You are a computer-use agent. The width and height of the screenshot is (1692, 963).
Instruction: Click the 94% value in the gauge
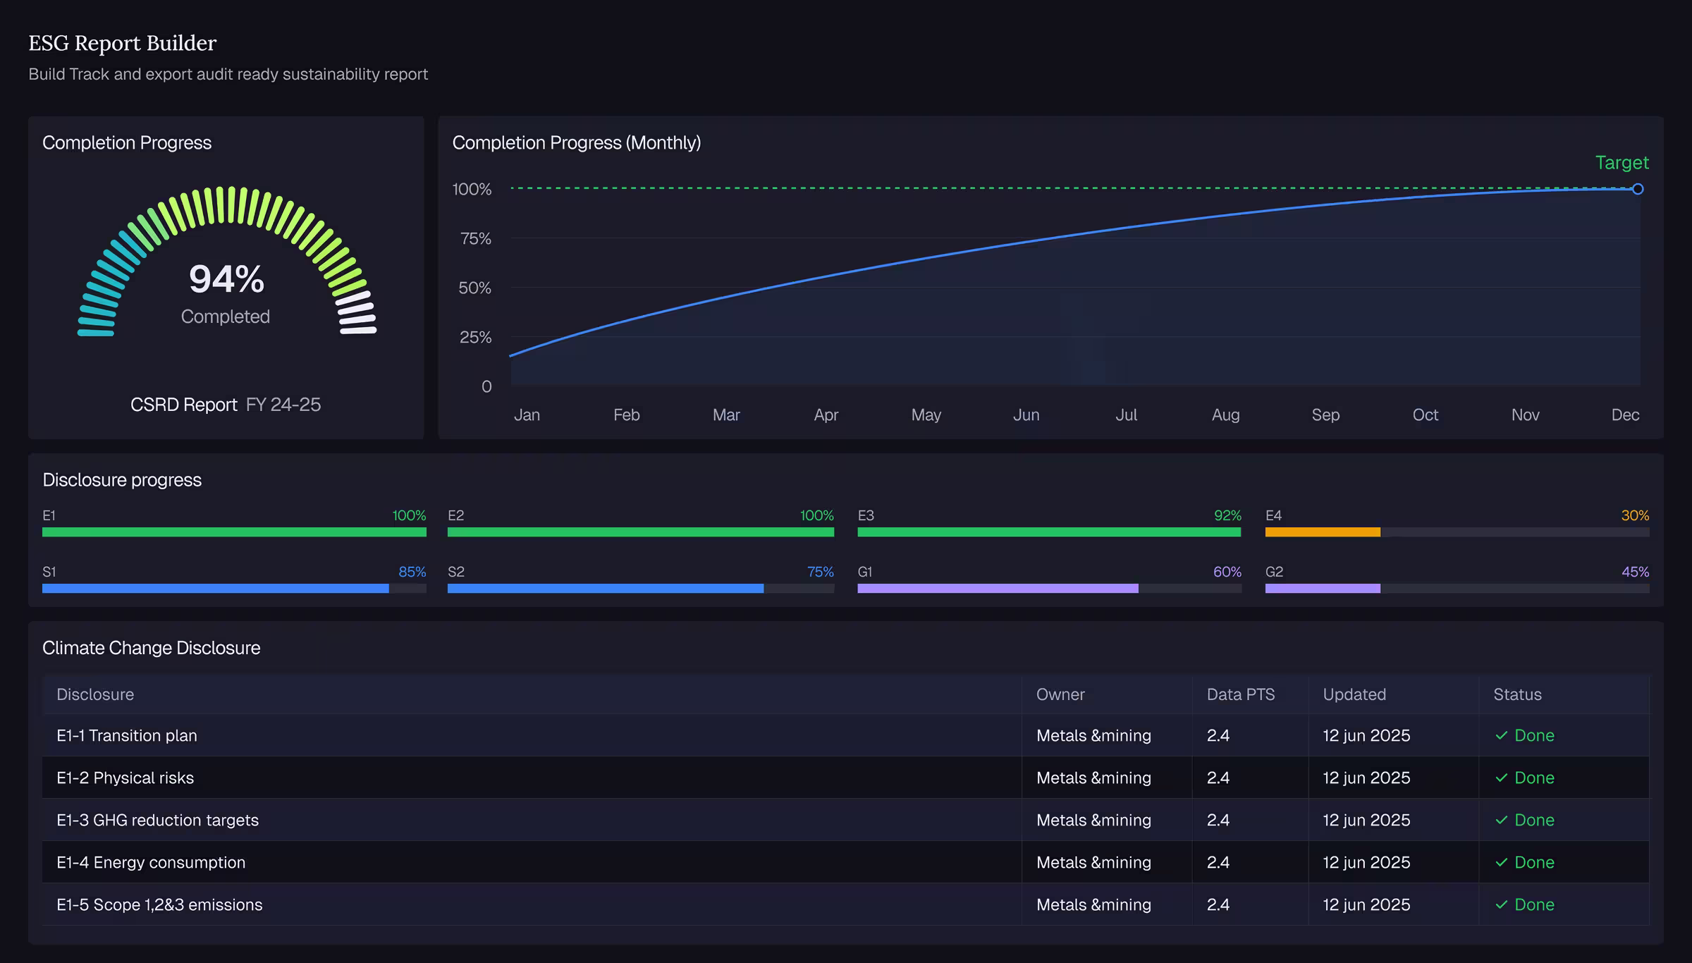point(226,278)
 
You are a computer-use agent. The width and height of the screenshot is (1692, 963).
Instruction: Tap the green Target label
point(1621,163)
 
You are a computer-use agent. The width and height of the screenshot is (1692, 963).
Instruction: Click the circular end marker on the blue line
point(1638,189)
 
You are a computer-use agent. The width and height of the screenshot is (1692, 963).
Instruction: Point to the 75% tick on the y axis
point(476,238)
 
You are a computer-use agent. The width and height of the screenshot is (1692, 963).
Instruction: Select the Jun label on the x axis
point(1026,415)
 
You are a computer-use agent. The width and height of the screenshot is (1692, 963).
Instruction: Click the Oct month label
point(1425,415)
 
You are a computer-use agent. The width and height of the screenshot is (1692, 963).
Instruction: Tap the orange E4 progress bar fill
point(1323,532)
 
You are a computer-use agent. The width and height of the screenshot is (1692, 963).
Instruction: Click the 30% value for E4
point(1635,515)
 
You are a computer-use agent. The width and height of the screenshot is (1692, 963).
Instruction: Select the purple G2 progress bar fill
point(1323,589)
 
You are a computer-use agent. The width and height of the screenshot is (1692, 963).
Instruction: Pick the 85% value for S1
point(412,572)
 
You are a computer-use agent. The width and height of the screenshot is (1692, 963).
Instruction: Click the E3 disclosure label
point(866,515)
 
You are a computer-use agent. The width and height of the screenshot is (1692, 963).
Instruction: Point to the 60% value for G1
point(1227,572)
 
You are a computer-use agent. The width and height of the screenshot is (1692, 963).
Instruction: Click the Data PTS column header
point(1241,694)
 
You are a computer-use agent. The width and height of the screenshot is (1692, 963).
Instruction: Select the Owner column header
point(1060,694)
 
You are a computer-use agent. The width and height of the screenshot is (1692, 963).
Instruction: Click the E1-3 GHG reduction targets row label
point(157,820)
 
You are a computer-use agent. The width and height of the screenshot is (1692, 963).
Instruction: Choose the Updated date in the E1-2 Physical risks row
point(1366,778)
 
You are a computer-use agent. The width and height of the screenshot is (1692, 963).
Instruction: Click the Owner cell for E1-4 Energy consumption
point(1093,862)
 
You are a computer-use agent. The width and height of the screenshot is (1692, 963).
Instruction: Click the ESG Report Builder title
point(123,43)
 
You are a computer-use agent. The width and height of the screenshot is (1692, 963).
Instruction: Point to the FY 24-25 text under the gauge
point(283,405)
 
